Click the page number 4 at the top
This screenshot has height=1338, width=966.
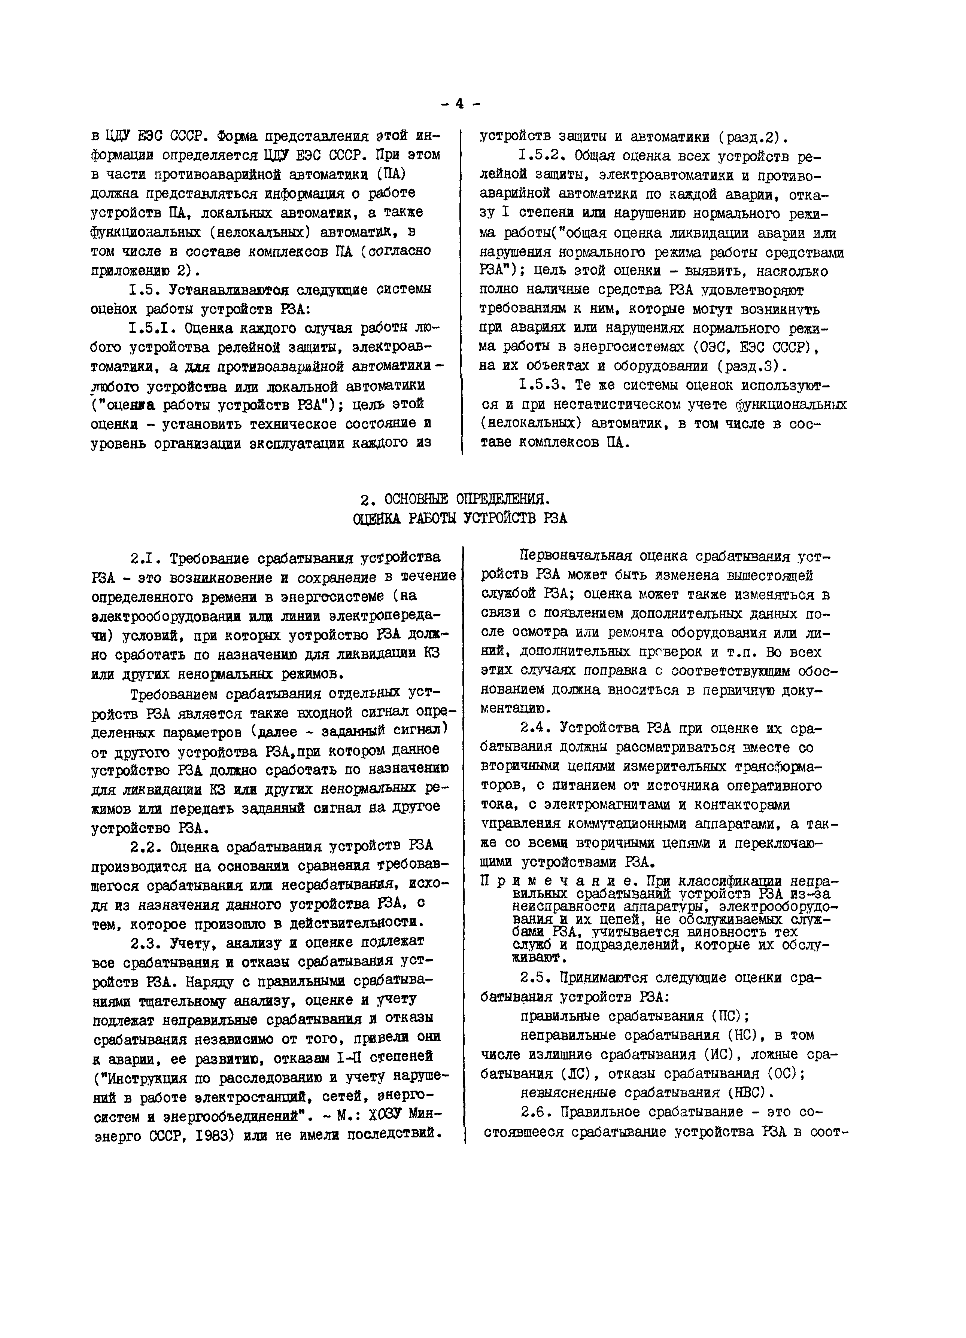pyautogui.click(x=460, y=104)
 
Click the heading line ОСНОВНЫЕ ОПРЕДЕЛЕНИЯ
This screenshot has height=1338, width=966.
pyautogui.click(x=466, y=499)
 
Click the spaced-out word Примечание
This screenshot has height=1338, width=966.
pyautogui.click(x=554, y=881)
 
